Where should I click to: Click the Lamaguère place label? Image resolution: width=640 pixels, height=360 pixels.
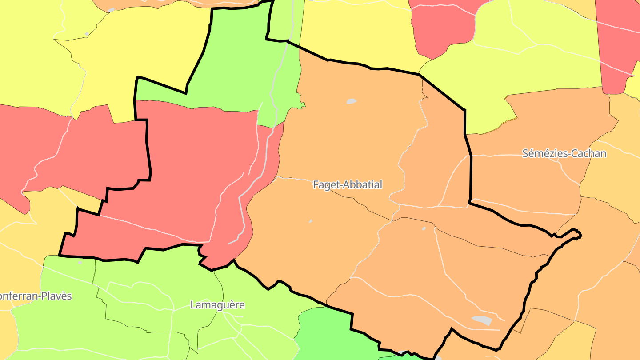(x=217, y=305)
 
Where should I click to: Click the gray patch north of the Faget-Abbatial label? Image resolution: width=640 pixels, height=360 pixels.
(x=351, y=101)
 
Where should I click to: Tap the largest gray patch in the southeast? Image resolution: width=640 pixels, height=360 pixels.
(x=482, y=320)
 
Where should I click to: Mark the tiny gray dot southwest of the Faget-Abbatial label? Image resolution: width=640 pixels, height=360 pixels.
(x=311, y=221)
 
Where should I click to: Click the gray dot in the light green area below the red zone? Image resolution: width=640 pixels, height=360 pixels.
(x=80, y=262)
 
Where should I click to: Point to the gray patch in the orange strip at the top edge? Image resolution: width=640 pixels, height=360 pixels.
(x=111, y=10)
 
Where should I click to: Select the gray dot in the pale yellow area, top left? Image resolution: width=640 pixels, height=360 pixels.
(x=87, y=34)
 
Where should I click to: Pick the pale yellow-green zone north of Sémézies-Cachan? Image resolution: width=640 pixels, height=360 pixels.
(x=533, y=67)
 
